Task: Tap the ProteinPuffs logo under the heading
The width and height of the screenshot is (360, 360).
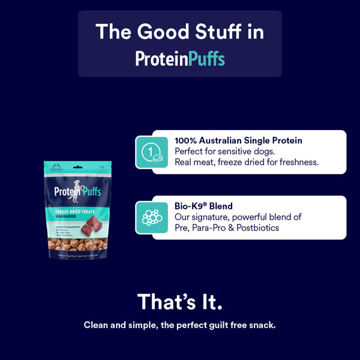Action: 180,58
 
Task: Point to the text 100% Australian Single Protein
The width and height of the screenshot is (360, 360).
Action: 238,140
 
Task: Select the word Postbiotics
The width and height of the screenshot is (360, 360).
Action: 254,228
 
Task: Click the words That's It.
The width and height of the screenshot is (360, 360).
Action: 180,302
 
